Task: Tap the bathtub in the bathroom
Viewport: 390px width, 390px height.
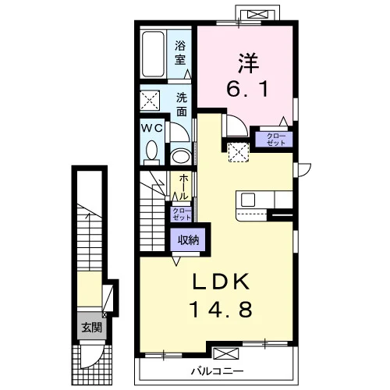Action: tap(154, 55)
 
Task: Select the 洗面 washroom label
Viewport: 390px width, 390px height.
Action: tap(182, 105)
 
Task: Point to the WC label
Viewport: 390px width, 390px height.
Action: tap(152, 128)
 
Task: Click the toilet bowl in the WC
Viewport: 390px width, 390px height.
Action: tap(152, 153)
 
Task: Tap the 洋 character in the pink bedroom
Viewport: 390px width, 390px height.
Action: tap(248, 63)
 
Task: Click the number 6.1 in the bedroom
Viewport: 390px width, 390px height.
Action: tap(247, 88)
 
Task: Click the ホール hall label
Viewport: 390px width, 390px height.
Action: tap(184, 187)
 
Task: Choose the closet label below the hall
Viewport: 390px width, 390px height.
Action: tap(182, 214)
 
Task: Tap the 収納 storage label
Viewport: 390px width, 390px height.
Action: tap(188, 239)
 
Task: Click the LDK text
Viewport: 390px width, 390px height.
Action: tap(221, 282)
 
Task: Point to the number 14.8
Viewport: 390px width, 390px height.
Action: tap(222, 310)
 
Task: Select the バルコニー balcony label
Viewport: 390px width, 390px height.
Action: tap(218, 371)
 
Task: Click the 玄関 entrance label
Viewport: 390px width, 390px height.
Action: tap(91, 328)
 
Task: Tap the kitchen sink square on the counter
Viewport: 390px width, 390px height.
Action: tap(248, 200)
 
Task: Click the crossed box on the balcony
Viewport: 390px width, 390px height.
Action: tap(225, 353)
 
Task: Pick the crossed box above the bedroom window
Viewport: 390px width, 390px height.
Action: tap(257, 14)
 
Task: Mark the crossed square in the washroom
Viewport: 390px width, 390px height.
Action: tap(150, 101)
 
